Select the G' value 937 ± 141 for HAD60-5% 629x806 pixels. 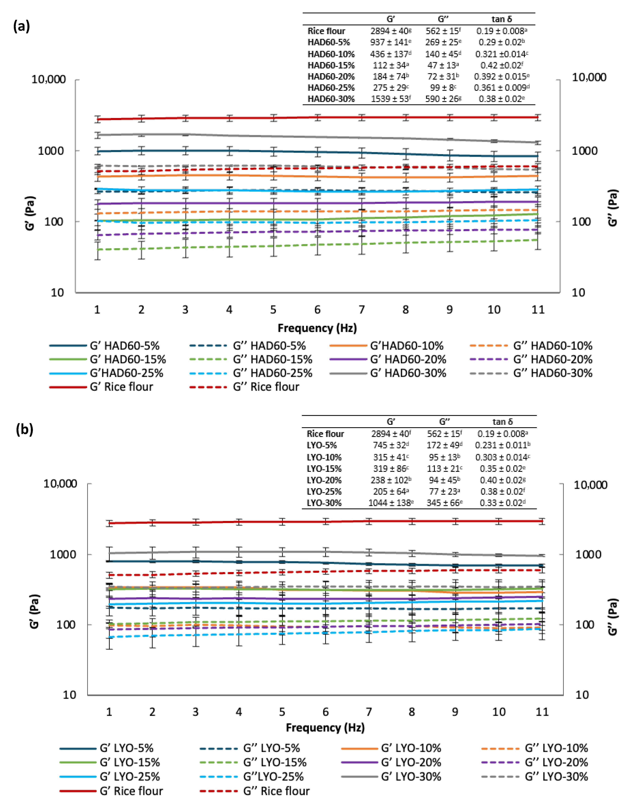[390, 42]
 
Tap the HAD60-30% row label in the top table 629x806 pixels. [331, 99]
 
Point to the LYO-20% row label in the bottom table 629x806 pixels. [324, 480]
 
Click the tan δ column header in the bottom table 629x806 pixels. [502, 421]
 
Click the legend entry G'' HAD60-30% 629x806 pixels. [552, 373]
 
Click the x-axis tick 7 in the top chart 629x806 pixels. [361, 310]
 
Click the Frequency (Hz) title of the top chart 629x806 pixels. [317, 328]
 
